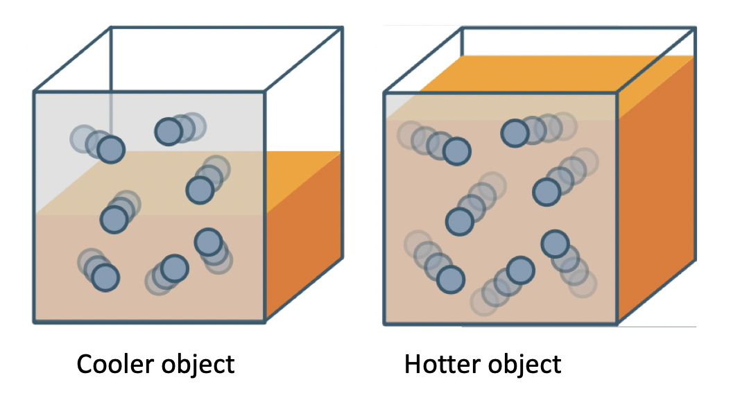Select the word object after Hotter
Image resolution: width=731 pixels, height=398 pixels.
click(x=522, y=364)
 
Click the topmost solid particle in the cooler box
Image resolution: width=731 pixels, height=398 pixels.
click(x=168, y=131)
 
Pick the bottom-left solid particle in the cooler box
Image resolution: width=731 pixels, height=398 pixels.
click(x=105, y=277)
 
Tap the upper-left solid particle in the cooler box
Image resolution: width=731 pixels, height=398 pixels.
click(x=110, y=149)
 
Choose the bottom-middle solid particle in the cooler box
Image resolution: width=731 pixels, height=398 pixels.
click(x=174, y=268)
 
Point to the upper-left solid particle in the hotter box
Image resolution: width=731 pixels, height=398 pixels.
click(x=456, y=151)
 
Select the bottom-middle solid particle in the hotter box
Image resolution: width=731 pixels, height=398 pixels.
click(x=520, y=270)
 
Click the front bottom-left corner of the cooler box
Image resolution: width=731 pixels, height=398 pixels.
click(x=35, y=321)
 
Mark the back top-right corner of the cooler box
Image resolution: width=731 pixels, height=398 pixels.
click(x=342, y=28)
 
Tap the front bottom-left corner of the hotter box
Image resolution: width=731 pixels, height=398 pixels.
click(x=385, y=323)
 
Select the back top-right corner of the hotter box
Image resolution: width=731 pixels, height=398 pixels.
click(x=694, y=28)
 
